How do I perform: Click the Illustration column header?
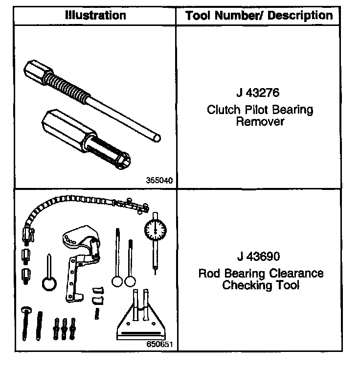click(x=95, y=15)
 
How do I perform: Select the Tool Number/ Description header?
click(x=259, y=16)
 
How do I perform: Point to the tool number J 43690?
click(x=260, y=256)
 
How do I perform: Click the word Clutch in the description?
click(x=222, y=109)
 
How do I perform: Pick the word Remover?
click(x=260, y=121)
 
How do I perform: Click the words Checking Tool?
click(x=260, y=285)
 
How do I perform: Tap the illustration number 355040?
click(x=159, y=180)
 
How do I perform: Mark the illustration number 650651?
click(x=159, y=344)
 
